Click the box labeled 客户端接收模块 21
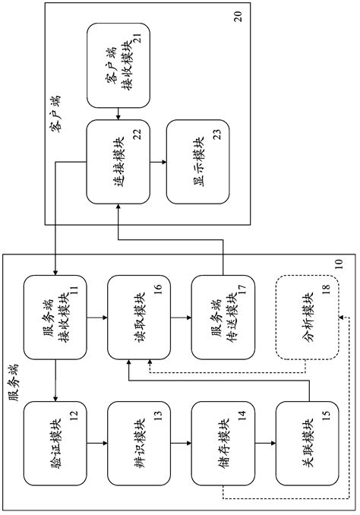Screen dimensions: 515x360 [118, 64]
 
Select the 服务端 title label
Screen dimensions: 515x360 [14, 387]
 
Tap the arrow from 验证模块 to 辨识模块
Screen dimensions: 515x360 [97, 440]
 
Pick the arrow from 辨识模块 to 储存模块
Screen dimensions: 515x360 [180, 440]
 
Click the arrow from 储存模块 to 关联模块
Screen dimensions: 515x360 [264, 440]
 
